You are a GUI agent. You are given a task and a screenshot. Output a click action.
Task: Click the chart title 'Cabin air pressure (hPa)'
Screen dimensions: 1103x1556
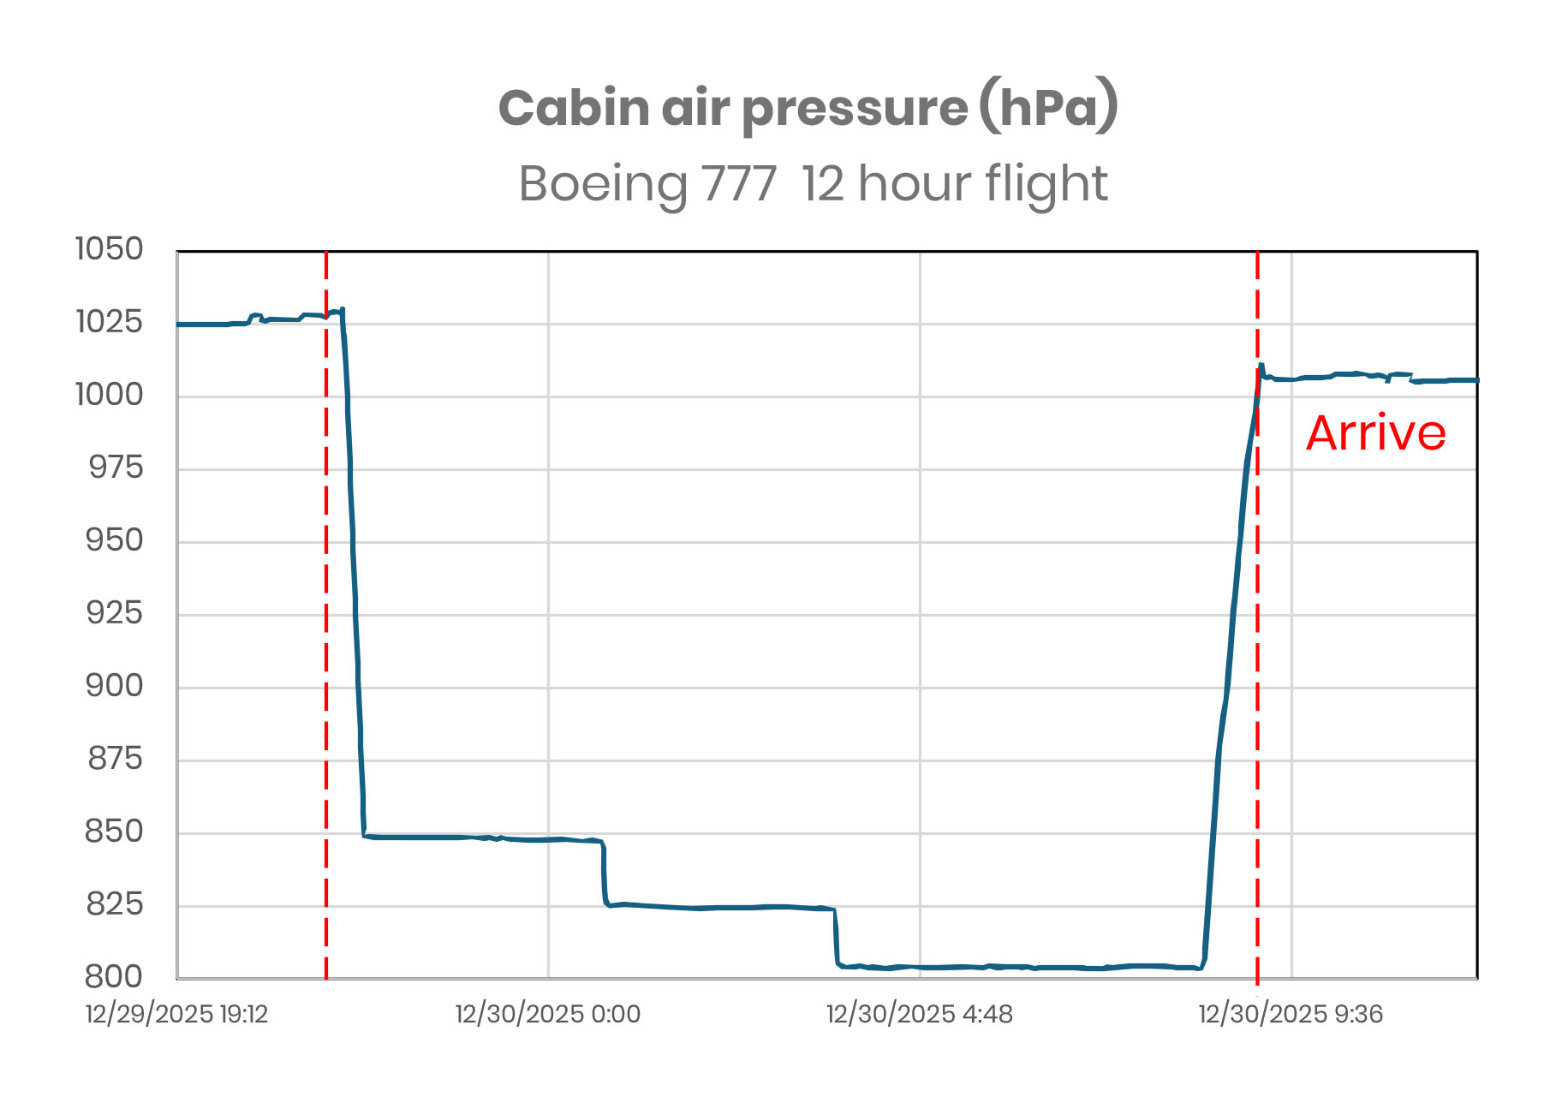[808, 109]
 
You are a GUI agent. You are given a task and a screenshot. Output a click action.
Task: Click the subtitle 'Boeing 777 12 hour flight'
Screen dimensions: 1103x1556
[813, 183]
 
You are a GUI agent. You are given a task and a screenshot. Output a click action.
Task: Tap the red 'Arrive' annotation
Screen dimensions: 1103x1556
[1375, 433]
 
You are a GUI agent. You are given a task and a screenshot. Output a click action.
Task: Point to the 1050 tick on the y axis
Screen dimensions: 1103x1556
[109, 249]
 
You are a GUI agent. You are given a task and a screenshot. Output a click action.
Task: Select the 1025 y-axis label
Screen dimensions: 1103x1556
[109, 322]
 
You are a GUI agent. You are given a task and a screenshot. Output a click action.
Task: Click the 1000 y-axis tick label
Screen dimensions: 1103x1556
[109, 395]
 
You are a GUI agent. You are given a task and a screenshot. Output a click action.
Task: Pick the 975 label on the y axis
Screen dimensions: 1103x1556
[115, 468]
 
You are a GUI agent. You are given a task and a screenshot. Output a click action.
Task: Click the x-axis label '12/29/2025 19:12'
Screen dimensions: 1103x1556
[176, 1015]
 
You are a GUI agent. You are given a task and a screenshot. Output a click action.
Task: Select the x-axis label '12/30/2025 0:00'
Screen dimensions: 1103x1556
[547, 1015]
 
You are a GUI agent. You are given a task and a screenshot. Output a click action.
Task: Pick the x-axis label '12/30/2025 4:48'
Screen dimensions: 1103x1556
[919, 1015]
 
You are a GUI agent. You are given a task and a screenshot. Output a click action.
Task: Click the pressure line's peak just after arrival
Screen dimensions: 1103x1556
[1261, 366]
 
